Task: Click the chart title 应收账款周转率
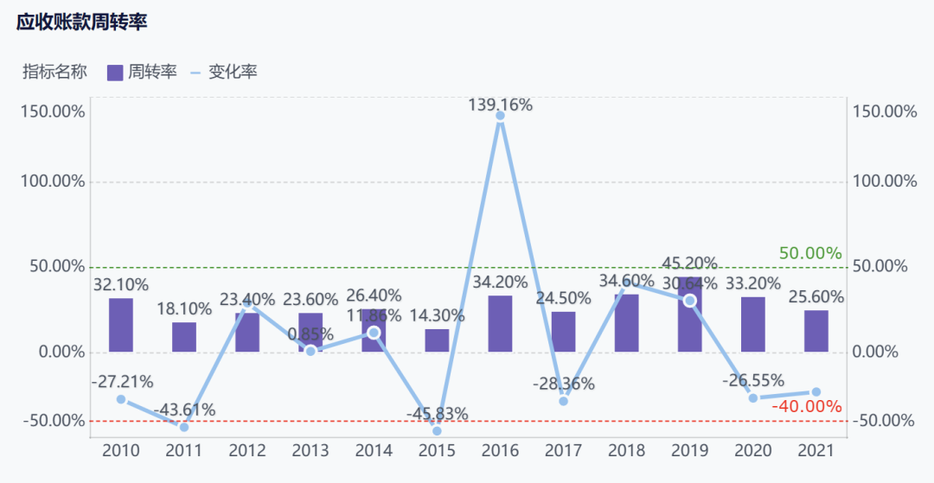(82, 23)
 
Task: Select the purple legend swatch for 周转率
(115, 73)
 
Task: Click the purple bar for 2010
(121, 325)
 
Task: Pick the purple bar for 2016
(500, 324)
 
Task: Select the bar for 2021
(816, 331)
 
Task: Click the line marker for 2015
(437, 430)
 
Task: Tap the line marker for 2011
(184, 427)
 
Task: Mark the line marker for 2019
(689, 301)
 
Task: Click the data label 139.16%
(500, 105)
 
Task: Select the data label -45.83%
(437, 414)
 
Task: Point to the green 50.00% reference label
(810, 253)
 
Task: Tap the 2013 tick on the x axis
(310, 450)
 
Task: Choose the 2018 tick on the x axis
(626, 450)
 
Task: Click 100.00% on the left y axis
(54, 181)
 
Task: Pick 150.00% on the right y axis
(884, 111)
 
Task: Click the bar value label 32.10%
(121, 284)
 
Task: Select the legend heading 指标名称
(54, 73)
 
